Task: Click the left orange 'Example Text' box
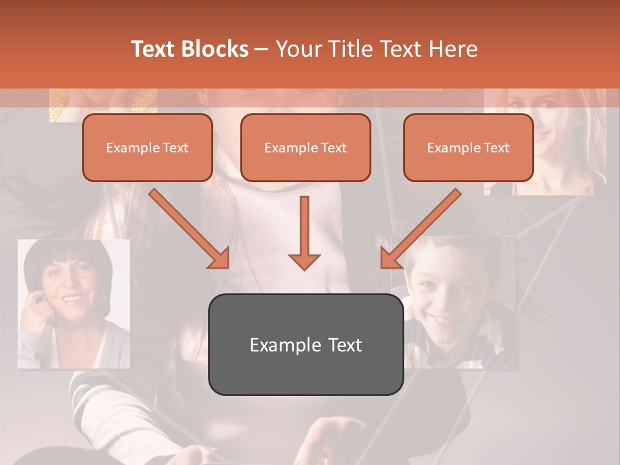tap(147, 148)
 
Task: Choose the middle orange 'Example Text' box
tap(305, 148)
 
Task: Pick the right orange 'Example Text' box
tap(468, 148)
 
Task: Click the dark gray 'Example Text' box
tap(305, 345)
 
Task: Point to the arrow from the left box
tap(189, 228)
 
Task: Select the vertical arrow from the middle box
tap(304, 232)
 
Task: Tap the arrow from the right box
tap(420, 228)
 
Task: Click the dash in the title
tap(262, 50)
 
